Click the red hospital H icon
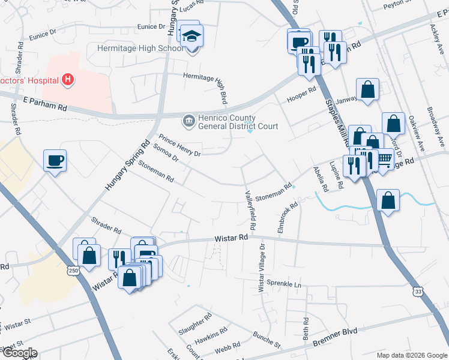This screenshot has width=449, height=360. (x=68, y=80)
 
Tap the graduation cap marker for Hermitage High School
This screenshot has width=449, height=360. (x=193, y=37)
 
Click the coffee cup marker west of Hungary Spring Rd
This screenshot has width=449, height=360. (x=55, y=160)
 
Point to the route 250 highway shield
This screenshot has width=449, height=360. (x=73, y=272)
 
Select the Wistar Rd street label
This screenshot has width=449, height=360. (x=231, y=239)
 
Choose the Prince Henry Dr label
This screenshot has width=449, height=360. (x=179, y=145)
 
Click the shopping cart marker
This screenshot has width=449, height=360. (x=384, y=158)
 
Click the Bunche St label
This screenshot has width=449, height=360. (x=267, y=340)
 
